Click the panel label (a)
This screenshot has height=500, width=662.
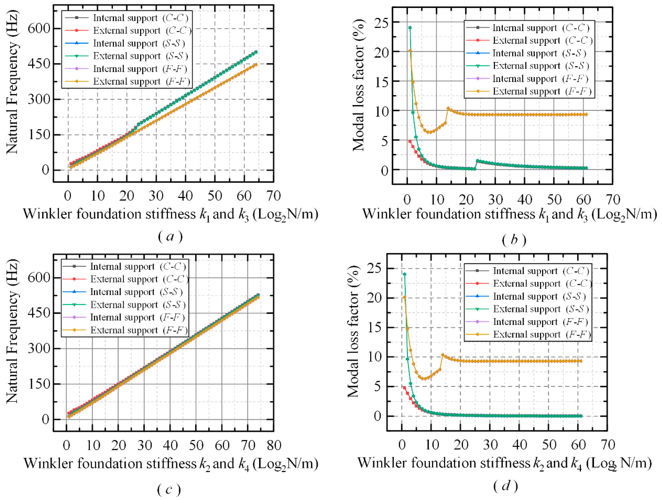170,237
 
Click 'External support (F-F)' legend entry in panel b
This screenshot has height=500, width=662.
527,91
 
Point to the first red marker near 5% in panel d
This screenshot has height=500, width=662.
404,388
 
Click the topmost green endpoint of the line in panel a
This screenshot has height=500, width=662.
256,52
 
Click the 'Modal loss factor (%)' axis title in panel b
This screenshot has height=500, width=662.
358,85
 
